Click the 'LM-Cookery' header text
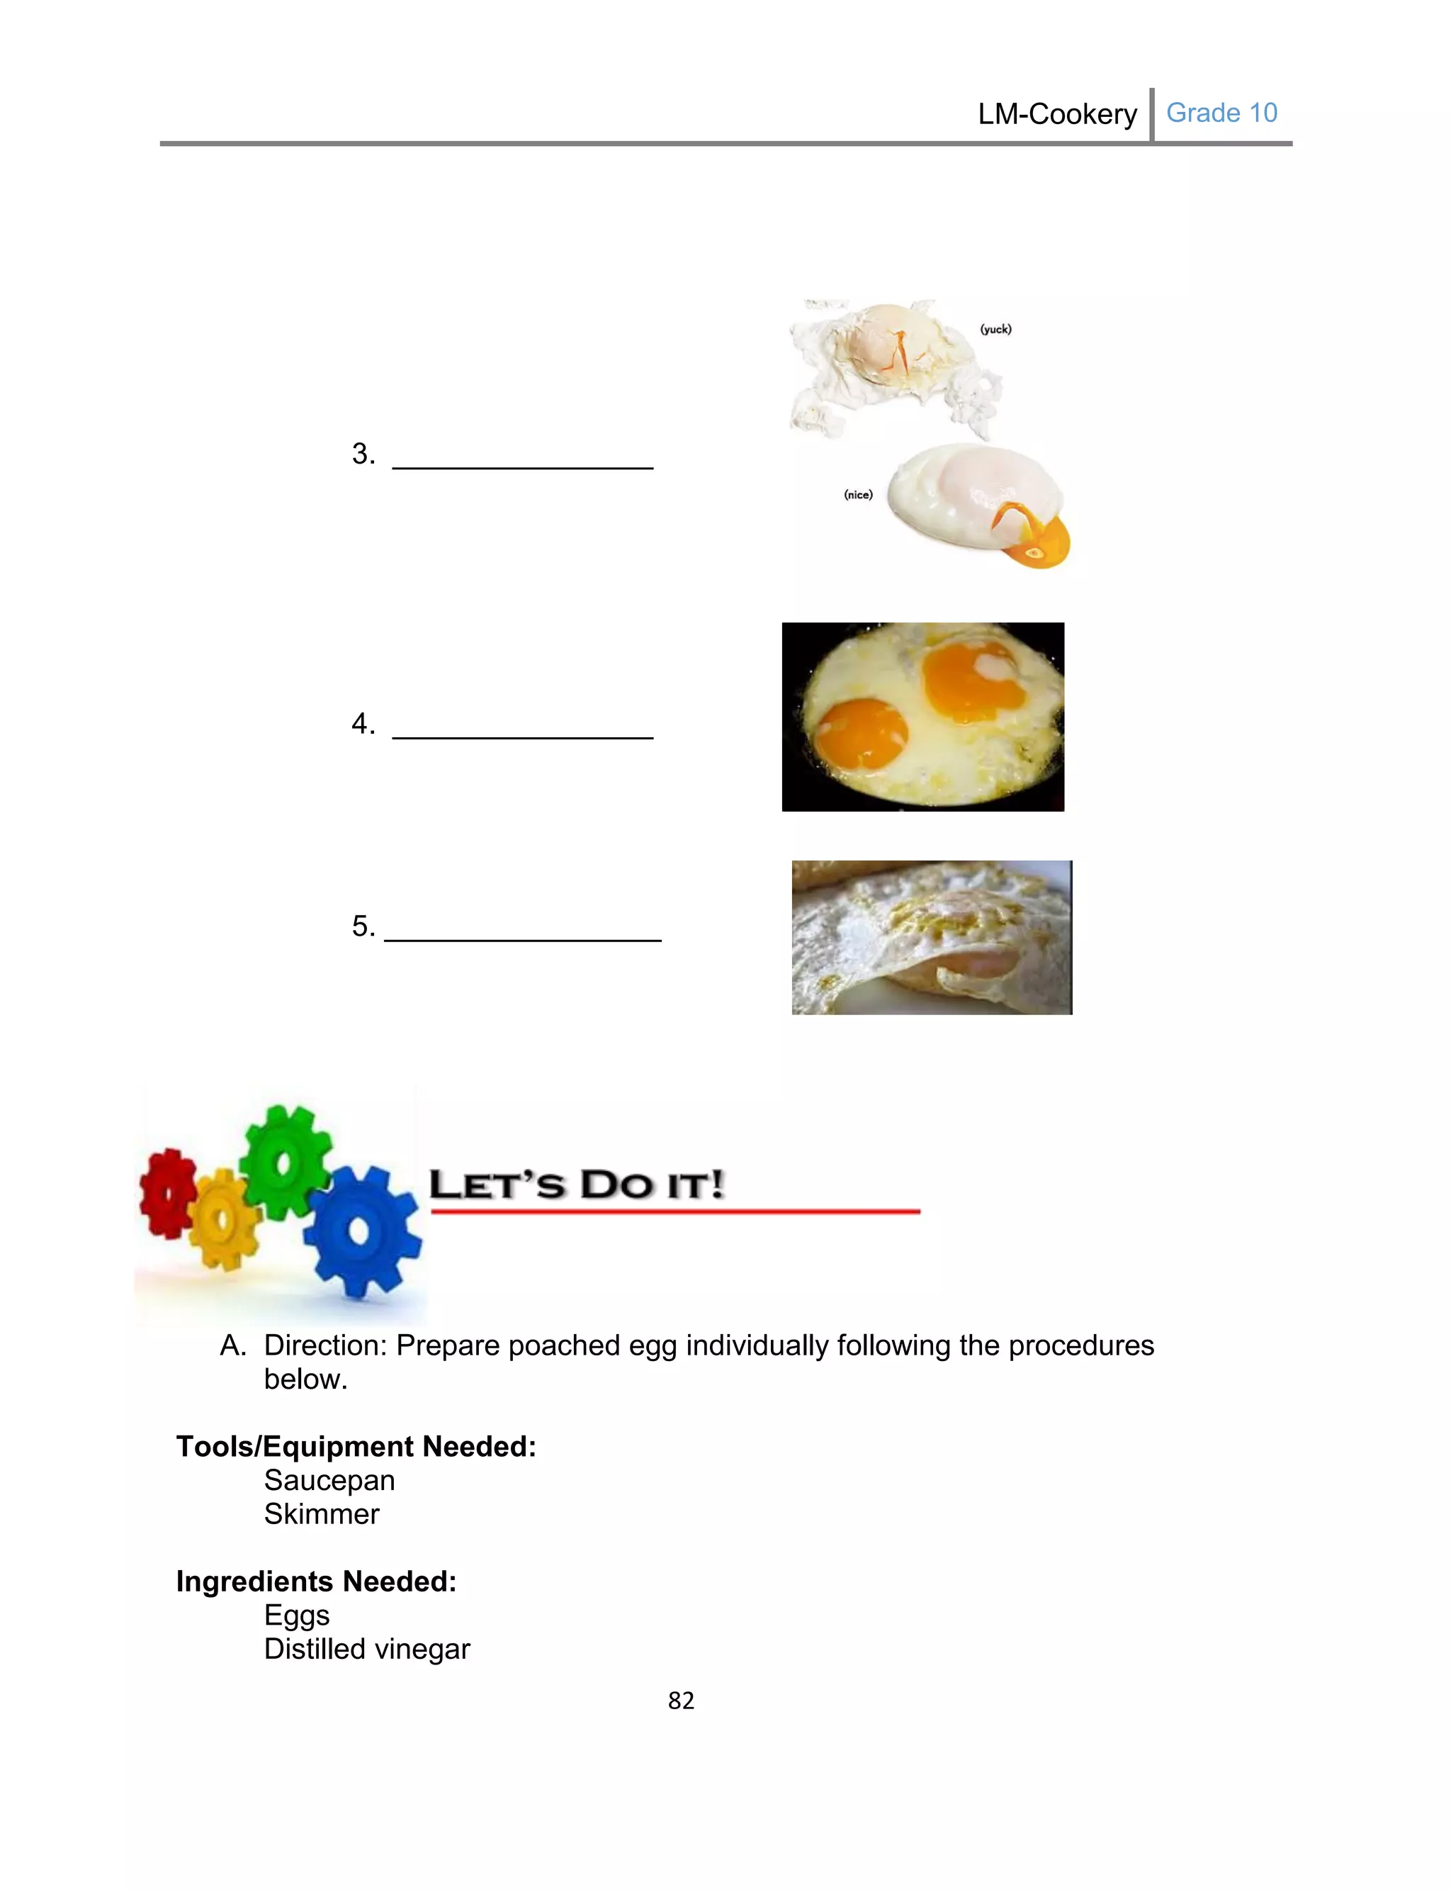click(x=1056, y=114)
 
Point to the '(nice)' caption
click(x=858, y=494)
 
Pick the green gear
click(x=284, y=1161)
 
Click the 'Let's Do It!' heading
click(x=576, y=1185)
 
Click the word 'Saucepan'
click(x=329, y=1480)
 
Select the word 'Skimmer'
click(x=321, y=1513)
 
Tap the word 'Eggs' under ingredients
click(x=296, y=1615)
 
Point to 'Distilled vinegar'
click(x=367, y=1648)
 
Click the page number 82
click(x=681, y=1700)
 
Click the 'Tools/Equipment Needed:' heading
click(x=356, y=1446)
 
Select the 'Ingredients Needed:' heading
click(x=316, y=1581)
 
